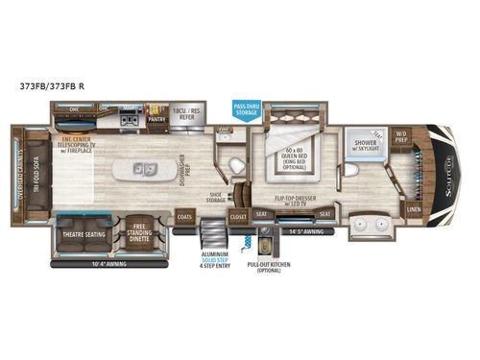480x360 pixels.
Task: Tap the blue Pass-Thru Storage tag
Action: click(x=246, y=108)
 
